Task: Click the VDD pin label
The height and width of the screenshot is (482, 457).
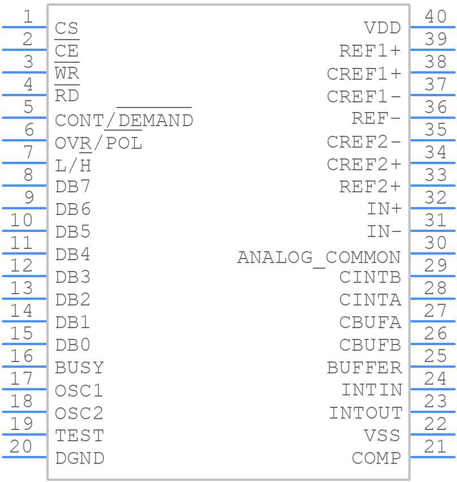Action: (382, 28)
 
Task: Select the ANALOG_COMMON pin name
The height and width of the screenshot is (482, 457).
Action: (319, 257)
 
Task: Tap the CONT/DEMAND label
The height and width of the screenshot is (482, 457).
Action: (124, 120)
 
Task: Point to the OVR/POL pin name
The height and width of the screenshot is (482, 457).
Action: (98, 143)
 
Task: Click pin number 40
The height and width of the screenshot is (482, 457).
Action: (436, 16)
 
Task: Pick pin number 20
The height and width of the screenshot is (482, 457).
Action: (20, 446)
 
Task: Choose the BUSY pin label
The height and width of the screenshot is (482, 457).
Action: (79, 368)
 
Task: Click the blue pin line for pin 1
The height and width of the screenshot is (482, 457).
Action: (24, 27)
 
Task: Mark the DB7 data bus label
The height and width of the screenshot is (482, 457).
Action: (73, 186)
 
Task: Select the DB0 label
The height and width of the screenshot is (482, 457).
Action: (73, 345)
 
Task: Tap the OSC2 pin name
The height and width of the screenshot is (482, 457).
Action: (79, 413)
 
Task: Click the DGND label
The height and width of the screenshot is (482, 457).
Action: (80, 458)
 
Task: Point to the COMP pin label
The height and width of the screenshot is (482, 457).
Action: (377, 458)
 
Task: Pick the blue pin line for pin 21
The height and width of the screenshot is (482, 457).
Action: (433, 457)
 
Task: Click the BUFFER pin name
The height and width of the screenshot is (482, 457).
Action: (364, 368)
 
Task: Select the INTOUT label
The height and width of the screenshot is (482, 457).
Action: (365, 413)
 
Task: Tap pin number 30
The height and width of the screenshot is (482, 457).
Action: (436, 243)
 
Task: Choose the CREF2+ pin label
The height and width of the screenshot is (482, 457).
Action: (364, 164)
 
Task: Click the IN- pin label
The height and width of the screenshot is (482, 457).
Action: (384, 231)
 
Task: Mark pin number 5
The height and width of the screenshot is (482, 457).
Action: (28, 107)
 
